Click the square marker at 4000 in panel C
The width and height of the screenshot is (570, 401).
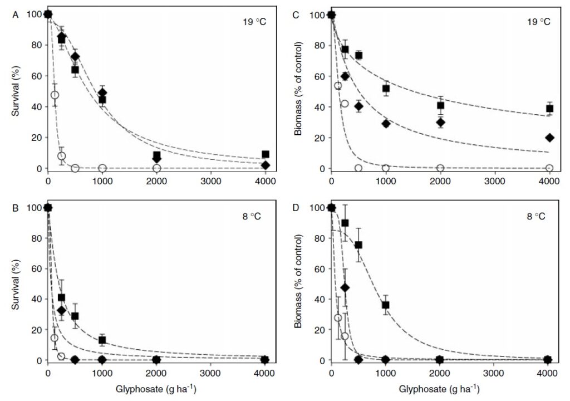[549, 109]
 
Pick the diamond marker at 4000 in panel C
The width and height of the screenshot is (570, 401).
[549, 138]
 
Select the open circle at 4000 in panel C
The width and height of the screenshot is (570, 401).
[549, 168]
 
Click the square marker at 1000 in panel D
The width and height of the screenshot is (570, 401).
[386, 305]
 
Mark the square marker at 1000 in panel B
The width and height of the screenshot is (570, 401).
[102, 340]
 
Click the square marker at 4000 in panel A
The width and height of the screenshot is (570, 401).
[266, 154]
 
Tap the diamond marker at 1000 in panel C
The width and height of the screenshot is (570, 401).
[386, 124]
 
